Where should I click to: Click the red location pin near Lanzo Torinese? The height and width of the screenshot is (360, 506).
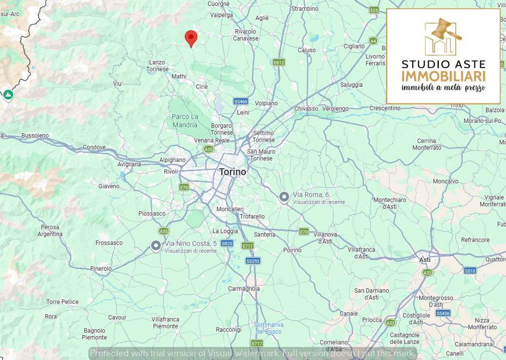click(191, 38)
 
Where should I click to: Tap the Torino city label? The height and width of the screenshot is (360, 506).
click(233, 172)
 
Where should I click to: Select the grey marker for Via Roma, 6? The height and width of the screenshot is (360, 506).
click(284, 197)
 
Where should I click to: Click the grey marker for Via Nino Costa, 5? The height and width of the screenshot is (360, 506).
click(156, 246)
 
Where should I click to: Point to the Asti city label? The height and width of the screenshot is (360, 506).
click(425, 260)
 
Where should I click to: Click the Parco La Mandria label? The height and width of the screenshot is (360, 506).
click(185, 120)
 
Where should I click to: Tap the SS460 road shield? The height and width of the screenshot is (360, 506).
click(241, 101)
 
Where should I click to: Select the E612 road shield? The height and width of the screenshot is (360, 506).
click(279, 62)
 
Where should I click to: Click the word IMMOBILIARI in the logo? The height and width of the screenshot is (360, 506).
click(443, 76)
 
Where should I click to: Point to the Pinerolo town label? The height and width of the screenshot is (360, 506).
click(101, 269)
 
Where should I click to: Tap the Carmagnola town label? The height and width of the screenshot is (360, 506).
click(244, 289)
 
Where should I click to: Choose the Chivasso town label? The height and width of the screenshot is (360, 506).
click(306, 108)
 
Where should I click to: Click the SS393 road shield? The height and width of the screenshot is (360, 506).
click(253, 261)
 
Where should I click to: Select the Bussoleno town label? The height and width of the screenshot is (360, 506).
click(36, 135)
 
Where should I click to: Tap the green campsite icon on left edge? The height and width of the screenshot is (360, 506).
click(8, 94)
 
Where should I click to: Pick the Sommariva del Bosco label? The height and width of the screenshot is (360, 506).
click(269, 328)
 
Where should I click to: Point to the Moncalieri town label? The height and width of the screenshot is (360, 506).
click(230, 209)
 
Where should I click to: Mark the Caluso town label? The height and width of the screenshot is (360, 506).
click(307, 50)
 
